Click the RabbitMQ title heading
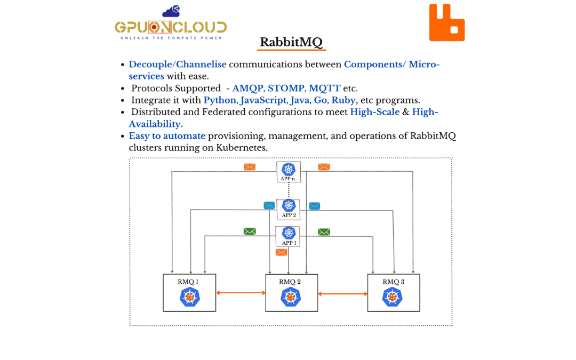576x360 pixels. click(291, 42)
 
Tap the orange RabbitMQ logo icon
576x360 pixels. click(446, 23)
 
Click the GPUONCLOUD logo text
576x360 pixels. click(171, 27)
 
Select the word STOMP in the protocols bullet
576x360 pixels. click(287, 88)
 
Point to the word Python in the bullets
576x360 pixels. click(220, 100)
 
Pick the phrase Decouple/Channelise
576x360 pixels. click(178, 65)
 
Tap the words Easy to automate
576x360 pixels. click(167, 136)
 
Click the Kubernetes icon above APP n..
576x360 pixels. click(289, 169)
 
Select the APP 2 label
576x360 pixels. click(289, 215)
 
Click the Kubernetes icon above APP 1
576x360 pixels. click(289, 233)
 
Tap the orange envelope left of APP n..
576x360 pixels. click(250, 167)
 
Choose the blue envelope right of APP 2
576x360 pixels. click(315, 206)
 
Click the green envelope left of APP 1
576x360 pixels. click(250, 231)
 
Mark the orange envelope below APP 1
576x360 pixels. click(282, 252)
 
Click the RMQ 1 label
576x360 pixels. click(188, 282)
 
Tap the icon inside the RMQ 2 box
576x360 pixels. click(291, 298)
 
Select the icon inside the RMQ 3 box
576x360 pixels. click(393, 297)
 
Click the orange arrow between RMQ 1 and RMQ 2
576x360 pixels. click(241, 293)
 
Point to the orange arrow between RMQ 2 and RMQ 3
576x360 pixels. click(342, 293)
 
